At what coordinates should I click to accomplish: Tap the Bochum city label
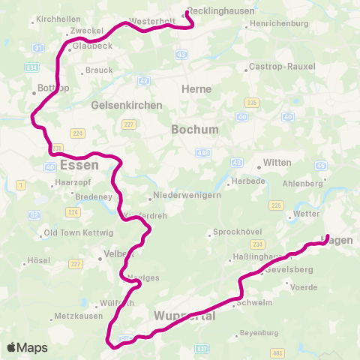pos(195,129)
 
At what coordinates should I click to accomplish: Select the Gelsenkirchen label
pos(127,105)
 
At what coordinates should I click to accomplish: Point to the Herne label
pos(196,88)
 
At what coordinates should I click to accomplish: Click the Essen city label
pos(79,165)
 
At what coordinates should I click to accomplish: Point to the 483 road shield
pos(277,352)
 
